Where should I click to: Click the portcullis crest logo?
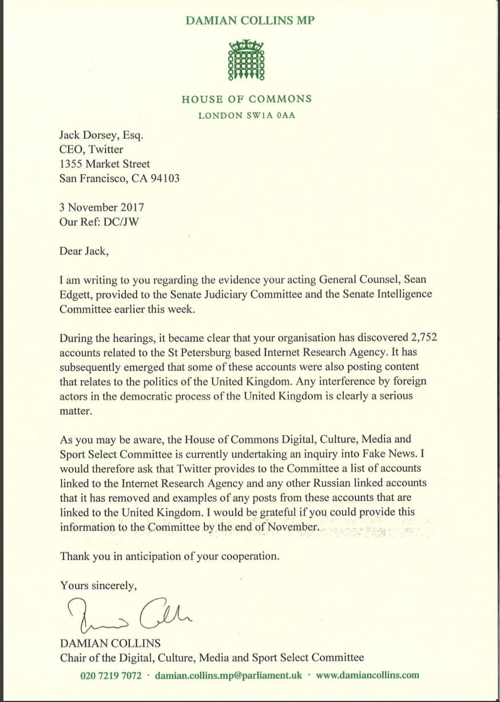[x=247, y=60]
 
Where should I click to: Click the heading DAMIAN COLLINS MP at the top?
[x=249, y=21]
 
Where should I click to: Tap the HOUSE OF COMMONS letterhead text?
[x=247, y=99]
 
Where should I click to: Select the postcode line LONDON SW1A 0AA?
[x=247, y=116]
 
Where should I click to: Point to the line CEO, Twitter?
[x=91, y=150]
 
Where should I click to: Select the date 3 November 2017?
[x=102, y=208]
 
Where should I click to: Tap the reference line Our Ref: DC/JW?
[x=99, y=222]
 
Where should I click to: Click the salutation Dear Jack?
[x=82, y=250]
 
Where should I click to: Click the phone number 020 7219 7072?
[x=110, y=675]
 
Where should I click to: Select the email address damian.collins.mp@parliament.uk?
[x=228, y=675]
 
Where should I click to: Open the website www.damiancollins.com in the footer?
[x=367, y=675]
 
